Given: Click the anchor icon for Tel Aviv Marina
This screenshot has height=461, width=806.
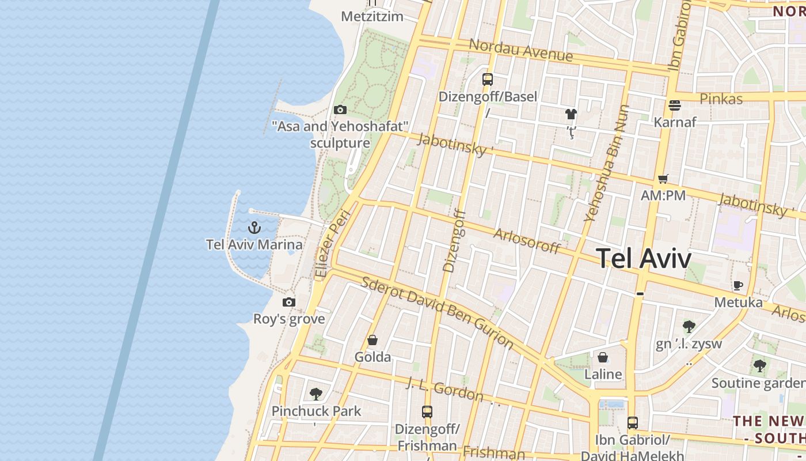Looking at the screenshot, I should [254, 227].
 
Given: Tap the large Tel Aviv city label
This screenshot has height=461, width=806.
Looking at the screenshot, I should [644, 258].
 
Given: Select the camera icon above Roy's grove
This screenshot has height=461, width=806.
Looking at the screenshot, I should [289, 302].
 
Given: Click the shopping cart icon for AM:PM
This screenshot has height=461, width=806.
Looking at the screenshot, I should [663, 179].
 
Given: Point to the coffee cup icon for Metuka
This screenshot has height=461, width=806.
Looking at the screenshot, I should [738, 285].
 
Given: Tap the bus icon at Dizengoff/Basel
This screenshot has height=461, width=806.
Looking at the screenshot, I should [488, 80].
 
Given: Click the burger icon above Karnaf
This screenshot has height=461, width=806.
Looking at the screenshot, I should [675, 105].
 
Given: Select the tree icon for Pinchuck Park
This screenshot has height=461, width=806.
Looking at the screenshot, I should [315, 394].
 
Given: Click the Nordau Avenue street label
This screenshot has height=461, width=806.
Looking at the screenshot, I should [521, 50].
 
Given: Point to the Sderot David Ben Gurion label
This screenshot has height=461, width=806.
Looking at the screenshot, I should [437, 312].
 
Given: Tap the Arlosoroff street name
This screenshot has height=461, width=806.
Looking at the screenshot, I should [527, 240].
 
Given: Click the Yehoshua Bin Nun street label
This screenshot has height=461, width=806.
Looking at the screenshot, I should [607, 163].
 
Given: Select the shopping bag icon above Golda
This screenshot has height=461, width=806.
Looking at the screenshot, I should [372, 341].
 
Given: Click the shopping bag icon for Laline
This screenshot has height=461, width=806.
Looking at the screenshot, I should [603, 358].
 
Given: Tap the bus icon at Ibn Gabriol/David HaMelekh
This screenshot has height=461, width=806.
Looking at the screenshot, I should [633, 423].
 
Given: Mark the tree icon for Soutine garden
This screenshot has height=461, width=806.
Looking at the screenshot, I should [760, 365].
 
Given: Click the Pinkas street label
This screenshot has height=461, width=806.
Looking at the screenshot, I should [721, 99].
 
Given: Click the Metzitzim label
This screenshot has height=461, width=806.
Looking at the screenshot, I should [372, 16].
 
